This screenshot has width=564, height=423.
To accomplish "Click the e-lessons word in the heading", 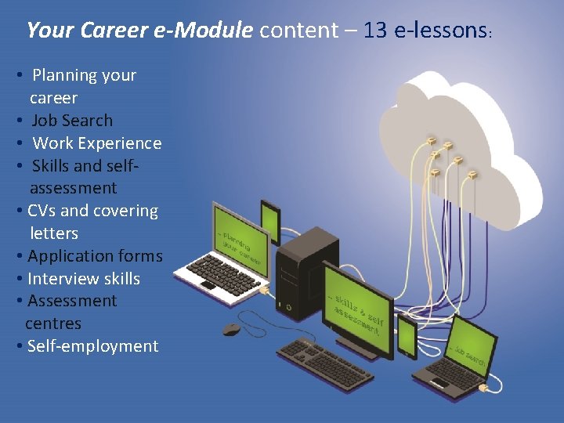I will pos(443,31).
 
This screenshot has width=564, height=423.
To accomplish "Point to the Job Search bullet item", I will pos(71,121).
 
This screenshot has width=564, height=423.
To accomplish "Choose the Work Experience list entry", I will pos(96,143).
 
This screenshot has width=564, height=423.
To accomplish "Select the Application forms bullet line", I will pos(95,256).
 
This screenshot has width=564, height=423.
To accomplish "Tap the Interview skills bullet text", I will pos(83,279).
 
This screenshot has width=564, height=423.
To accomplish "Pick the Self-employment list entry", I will pos(92,346).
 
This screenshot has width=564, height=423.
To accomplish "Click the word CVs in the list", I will pos(42,211).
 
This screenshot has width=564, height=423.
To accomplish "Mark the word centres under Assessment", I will pos(53,324).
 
